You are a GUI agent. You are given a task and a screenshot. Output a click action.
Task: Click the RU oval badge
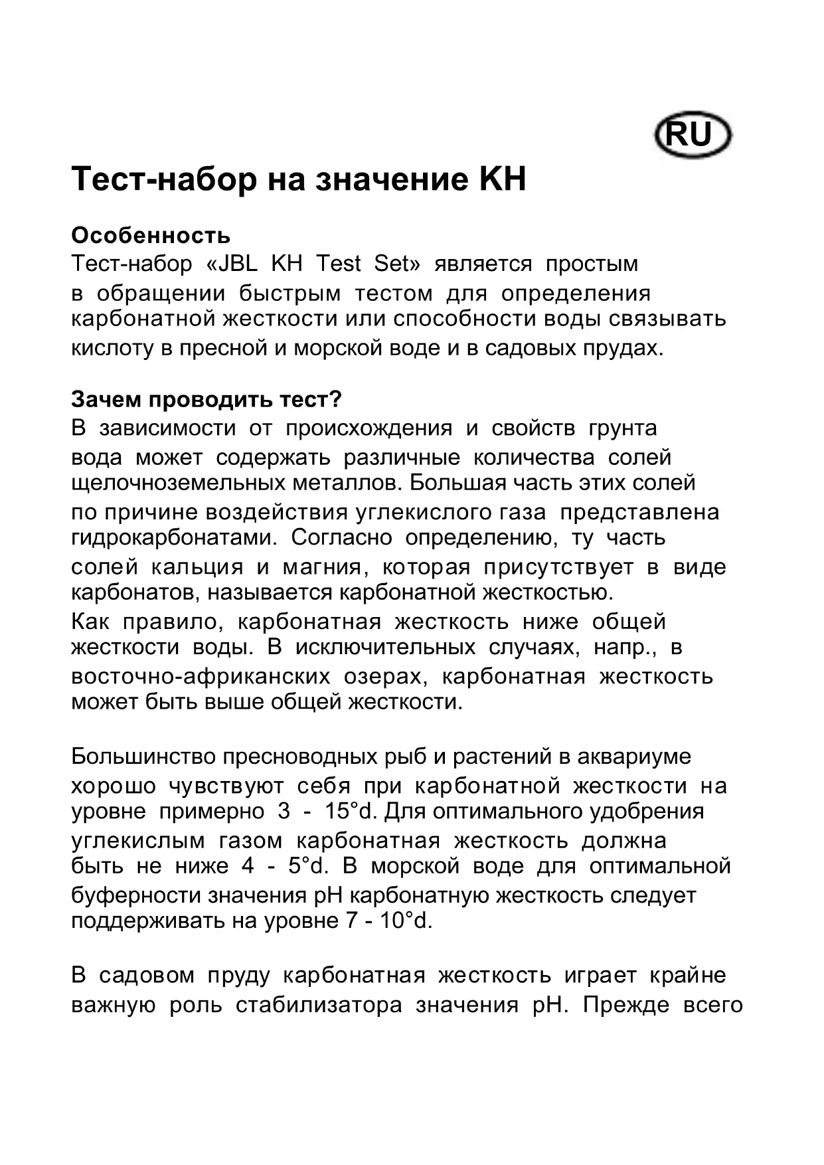point(693,135)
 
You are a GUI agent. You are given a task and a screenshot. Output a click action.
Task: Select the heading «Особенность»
point(151,235)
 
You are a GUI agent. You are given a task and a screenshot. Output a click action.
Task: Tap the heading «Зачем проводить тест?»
point(206,399)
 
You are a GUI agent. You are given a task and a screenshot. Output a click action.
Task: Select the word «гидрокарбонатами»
point(173,537)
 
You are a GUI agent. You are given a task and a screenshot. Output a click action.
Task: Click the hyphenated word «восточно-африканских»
point(201,677)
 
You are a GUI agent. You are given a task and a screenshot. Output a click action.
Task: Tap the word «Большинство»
point(142,757)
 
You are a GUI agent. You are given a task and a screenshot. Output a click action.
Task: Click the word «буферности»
point(136,896)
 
